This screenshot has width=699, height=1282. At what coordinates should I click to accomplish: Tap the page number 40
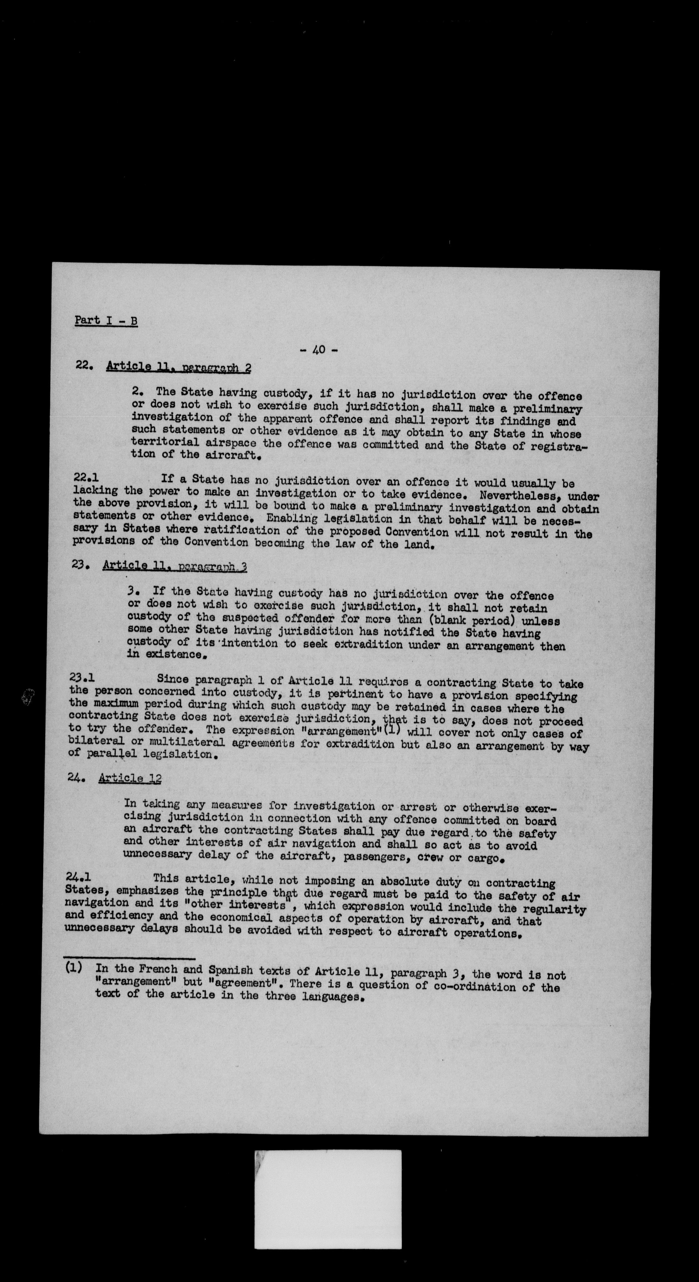coord(319,350)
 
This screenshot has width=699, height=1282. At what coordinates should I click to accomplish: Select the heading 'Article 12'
coord(129,778)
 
